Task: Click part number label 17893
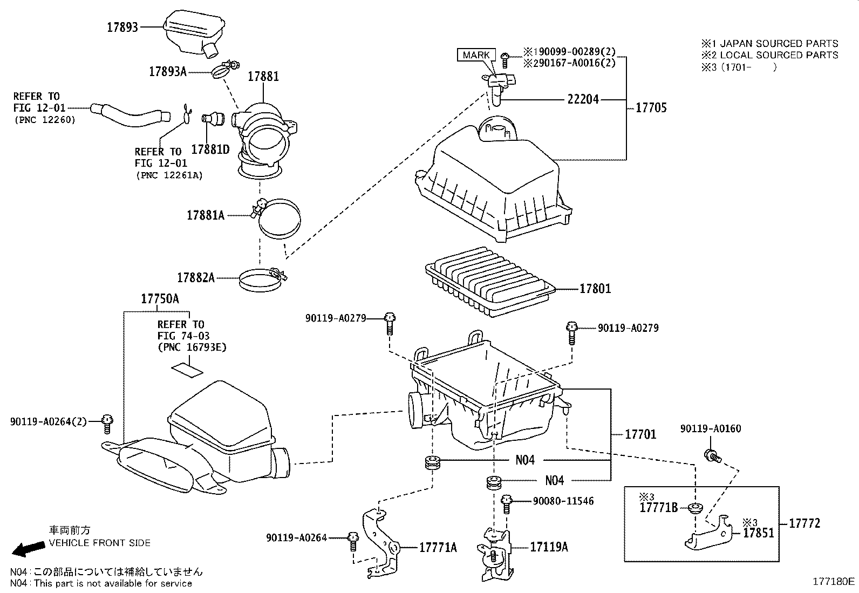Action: coord(122,28)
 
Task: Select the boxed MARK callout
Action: coord(476,55)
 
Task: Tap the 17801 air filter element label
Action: coord(595,289)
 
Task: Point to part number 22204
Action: coord(583,99)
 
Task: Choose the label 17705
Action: coord(651,107)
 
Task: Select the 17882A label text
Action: coord(196,278)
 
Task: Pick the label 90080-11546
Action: coord(563,501)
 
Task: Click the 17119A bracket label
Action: coord(549,547)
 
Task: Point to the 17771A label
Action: coord(438,548)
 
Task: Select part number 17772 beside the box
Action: coord(804,523)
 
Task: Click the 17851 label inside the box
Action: coord(758,533)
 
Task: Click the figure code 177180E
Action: coord(833,582)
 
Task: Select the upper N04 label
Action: coord(524,460)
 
